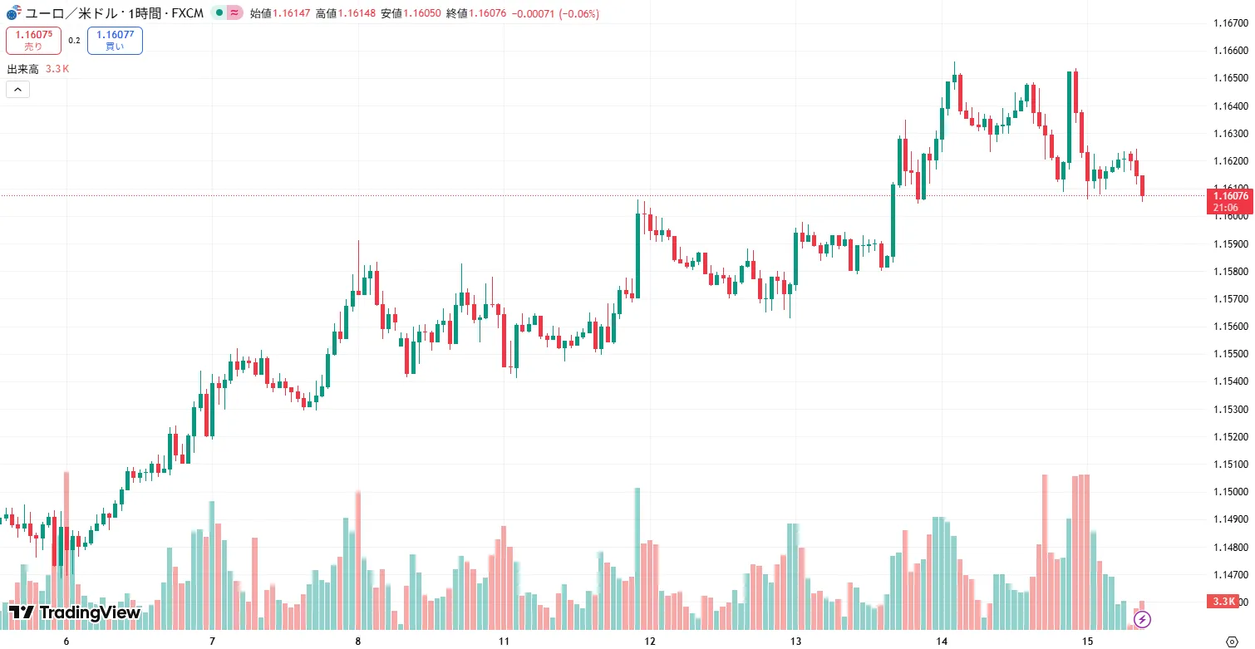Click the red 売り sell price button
click(33, 40)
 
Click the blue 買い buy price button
click(115, 40)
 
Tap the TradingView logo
click(74, 612)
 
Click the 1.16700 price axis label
click(1228, 23)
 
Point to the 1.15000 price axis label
click(1228, 492)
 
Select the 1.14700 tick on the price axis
click(1228, 574)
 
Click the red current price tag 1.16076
click(1228, 196)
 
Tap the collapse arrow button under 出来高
click(17, 89)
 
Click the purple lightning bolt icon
click(1143, 619)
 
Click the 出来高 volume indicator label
click(22, 69)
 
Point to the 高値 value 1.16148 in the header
click(354, 13)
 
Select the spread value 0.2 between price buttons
click(74, 40)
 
